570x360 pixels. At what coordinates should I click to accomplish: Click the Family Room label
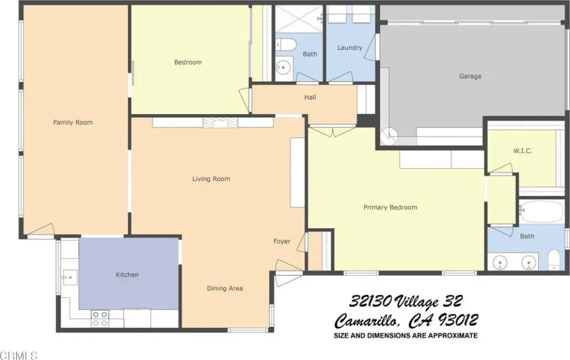pos(73,122)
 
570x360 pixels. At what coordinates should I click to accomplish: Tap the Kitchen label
pos(127,275)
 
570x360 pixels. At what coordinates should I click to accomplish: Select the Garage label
pos(470,76)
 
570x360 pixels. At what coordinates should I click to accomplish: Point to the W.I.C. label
pos(523,150)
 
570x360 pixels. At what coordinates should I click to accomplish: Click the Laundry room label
pos(350,48)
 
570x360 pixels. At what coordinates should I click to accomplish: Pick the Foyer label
pos(282,241)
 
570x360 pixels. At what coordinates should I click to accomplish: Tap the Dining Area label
pos(225,288)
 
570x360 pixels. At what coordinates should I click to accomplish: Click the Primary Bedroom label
pos(390,208)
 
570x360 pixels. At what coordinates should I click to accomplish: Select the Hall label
pos(310,97)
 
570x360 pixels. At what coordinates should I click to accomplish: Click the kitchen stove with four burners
pos(100,318)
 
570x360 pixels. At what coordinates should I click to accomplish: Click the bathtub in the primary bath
pos(542,212)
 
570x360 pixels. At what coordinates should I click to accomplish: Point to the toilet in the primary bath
pos(554,260)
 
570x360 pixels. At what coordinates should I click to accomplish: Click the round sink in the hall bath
pos(283,67)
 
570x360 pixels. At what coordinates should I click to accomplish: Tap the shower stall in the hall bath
pos(298,18)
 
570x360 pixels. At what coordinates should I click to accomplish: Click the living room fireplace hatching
pos(220,123)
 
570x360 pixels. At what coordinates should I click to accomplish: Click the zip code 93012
pos(458,320)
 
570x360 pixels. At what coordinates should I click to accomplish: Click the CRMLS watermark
pos(19,355)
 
